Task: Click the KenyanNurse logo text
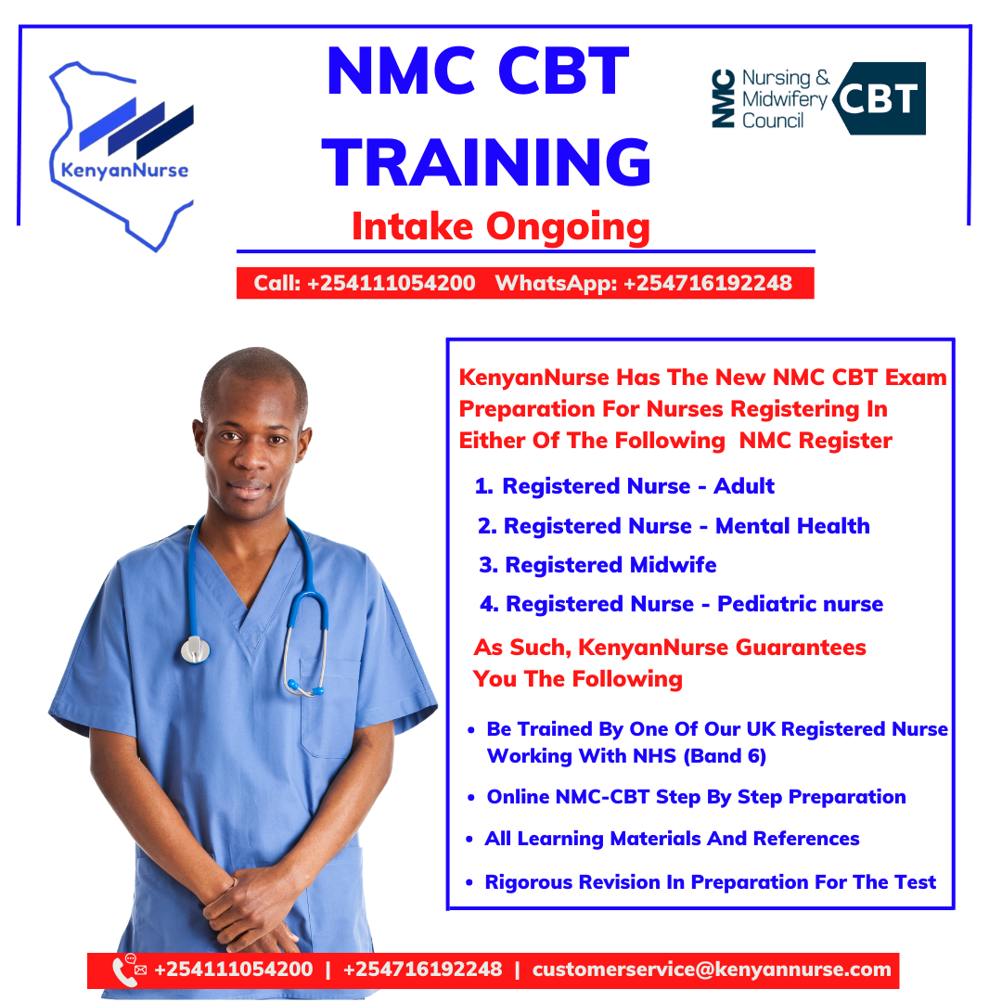point(124,171)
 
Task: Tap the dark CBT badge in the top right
point(880,98)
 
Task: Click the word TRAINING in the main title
point(486,162)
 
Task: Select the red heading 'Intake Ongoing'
point(501,227)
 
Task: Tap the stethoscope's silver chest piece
point(196,649)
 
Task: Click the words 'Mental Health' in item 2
point(792,526)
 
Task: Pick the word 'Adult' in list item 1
point(744,486)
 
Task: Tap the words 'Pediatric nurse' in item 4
point(800,604)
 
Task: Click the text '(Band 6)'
point(725,757)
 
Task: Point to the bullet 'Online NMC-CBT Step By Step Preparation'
point(697,798)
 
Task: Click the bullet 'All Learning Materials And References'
point(673,839)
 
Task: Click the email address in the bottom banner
point(712,970)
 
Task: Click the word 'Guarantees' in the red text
point(801,648)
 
